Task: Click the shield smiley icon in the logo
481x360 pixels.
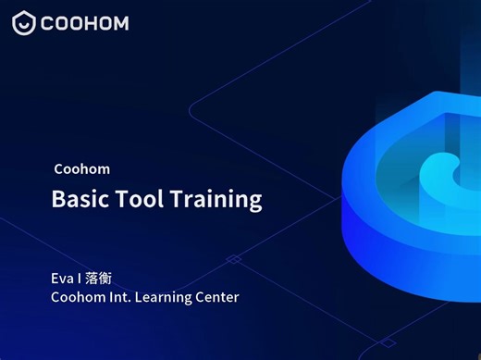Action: point(24,23)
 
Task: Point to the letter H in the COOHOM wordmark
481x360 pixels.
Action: point(99,23)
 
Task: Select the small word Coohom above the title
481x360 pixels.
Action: point(81,169)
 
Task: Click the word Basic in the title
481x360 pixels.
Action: point(77,199)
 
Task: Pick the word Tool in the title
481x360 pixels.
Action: point(137,199)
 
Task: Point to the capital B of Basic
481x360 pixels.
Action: point(57,199)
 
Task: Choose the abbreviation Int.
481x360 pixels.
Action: point(123,297)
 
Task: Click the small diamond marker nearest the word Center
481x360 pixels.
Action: point(234,259)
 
